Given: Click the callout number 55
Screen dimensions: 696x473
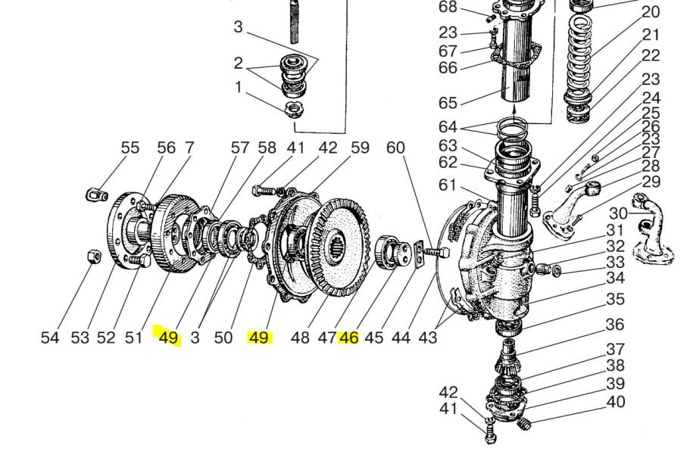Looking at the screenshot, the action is point(130,148).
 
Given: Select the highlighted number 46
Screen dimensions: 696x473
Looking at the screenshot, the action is point(349,338).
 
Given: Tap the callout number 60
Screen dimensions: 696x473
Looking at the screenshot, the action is point(395,148).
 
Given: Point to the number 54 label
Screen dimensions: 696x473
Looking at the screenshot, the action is point(50,338).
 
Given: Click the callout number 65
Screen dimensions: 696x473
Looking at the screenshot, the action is point(448,102).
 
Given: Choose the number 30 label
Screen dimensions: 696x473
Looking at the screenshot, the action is point(618,213).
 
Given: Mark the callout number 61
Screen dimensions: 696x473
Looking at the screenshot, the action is point(447,185).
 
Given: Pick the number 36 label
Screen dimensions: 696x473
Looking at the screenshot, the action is point(615,325).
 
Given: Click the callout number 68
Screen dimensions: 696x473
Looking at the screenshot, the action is point(448,7).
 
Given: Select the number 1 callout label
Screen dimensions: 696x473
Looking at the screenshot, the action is point(239,87).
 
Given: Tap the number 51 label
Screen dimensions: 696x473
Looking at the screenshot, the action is point(133,338).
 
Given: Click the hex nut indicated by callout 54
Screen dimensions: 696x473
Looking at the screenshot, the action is point(92,256).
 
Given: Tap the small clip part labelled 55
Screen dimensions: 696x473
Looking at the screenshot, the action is point(96,194).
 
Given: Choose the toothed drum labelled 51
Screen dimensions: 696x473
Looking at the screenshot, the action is point(174,234).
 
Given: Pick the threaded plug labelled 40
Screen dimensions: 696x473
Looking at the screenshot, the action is point(524,423).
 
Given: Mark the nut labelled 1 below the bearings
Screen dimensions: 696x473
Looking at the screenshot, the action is point(294,108).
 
